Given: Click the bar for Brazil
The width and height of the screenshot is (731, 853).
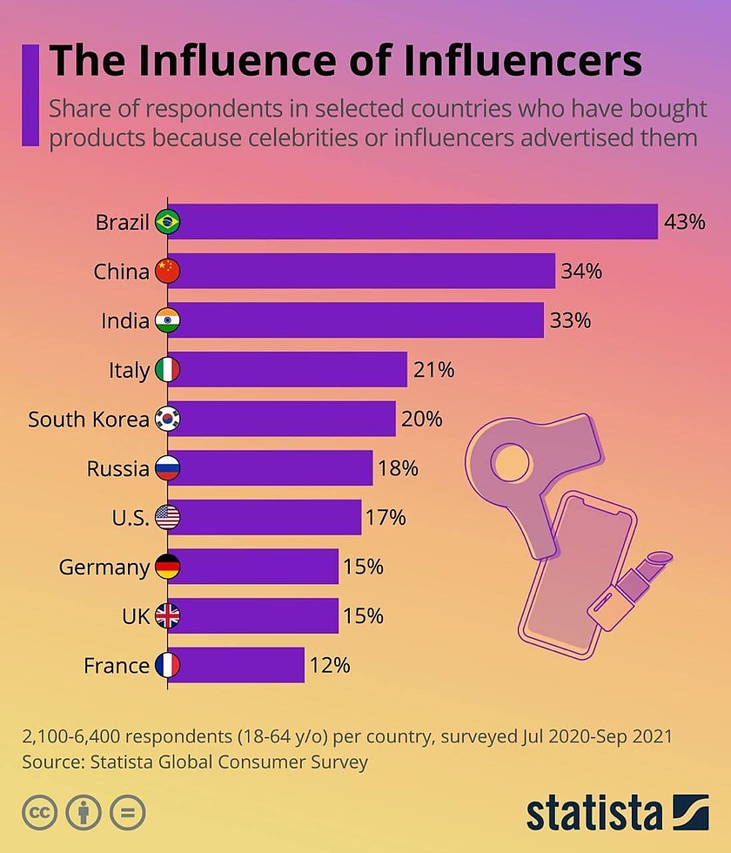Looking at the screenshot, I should pos(418,222).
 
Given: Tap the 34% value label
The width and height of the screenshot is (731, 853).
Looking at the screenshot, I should pos(581,272).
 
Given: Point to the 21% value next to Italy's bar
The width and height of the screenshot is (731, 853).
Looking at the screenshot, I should pos(433,370).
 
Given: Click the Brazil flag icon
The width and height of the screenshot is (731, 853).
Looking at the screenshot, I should pos(167,222).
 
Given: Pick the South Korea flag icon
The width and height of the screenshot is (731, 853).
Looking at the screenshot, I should pos(167,420).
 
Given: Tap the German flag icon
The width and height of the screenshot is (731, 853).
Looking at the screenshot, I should pos(167,568).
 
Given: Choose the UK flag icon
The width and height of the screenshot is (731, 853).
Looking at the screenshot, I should pos(167,616).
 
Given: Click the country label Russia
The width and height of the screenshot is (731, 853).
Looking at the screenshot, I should pos(118,469).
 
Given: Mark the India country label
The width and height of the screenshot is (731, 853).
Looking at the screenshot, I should pos(125,321).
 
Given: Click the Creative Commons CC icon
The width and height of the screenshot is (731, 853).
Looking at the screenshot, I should pos(39,812).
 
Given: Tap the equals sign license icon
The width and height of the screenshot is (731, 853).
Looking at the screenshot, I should pos(127,812).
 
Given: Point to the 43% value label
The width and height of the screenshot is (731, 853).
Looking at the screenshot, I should pos(684,222).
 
